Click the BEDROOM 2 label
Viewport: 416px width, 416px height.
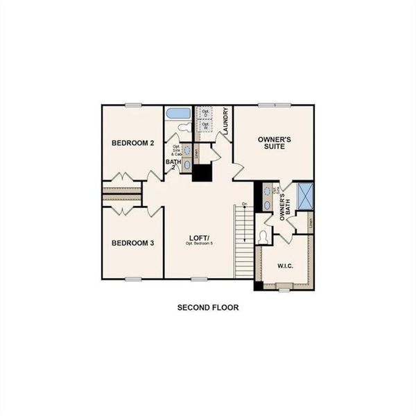(x=132, y=143)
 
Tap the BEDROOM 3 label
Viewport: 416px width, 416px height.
(x=132, y=243)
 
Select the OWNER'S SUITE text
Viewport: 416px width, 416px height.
(x=274, y=144)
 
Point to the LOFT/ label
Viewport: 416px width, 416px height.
(x=200, y=239)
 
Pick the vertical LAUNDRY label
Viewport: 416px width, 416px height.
(x=226, y=122)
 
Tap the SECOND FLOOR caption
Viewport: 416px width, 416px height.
(x=208, y=307)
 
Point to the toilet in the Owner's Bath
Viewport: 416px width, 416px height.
(x=261, y=237)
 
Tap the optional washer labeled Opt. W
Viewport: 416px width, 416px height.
(x=205, y=126)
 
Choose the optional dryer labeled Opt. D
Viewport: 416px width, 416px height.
(x=205, y=113)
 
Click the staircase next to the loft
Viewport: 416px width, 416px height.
(x=243, y=243)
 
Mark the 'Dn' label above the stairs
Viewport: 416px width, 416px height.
(x=244, y=203)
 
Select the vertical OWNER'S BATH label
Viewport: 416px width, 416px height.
(x=283, y=207)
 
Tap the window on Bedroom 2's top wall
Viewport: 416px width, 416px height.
(x=134, y=105)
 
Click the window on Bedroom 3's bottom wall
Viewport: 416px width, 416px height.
(x=134, y=279)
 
